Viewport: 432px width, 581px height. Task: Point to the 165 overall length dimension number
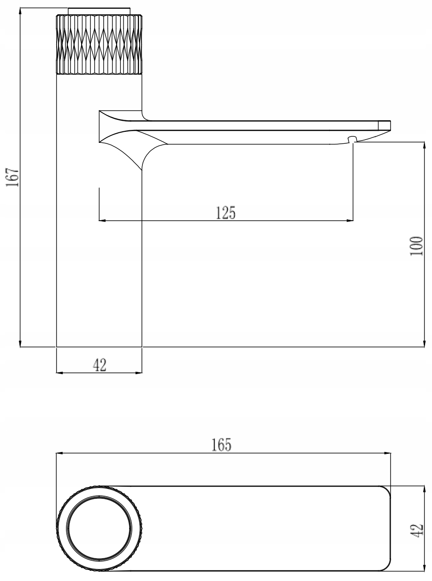pyautogui.click(x=221, y=446)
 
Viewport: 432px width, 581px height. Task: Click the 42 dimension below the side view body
pyautogui.click(x=100, y=365)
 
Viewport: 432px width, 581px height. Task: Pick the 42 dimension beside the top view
pyautogui.click(x=417, y=529)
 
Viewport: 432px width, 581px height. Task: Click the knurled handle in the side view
pyautogui.click(x=99, y=44)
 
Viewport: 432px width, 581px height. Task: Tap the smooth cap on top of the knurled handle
pyautogui.click(x=99, y=12)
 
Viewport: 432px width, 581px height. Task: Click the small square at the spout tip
pyautogui.click(x=384, y=125)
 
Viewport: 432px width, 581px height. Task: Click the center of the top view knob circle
pyautogui.click(x=99, y=528)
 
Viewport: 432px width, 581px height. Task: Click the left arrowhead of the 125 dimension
pyautogui.click(x=103, y=221)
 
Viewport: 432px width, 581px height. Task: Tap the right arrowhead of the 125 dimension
pyautogui.click(x=350, y=221)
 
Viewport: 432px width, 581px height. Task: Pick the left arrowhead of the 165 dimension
pyautogui.click(x=59, y=453)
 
